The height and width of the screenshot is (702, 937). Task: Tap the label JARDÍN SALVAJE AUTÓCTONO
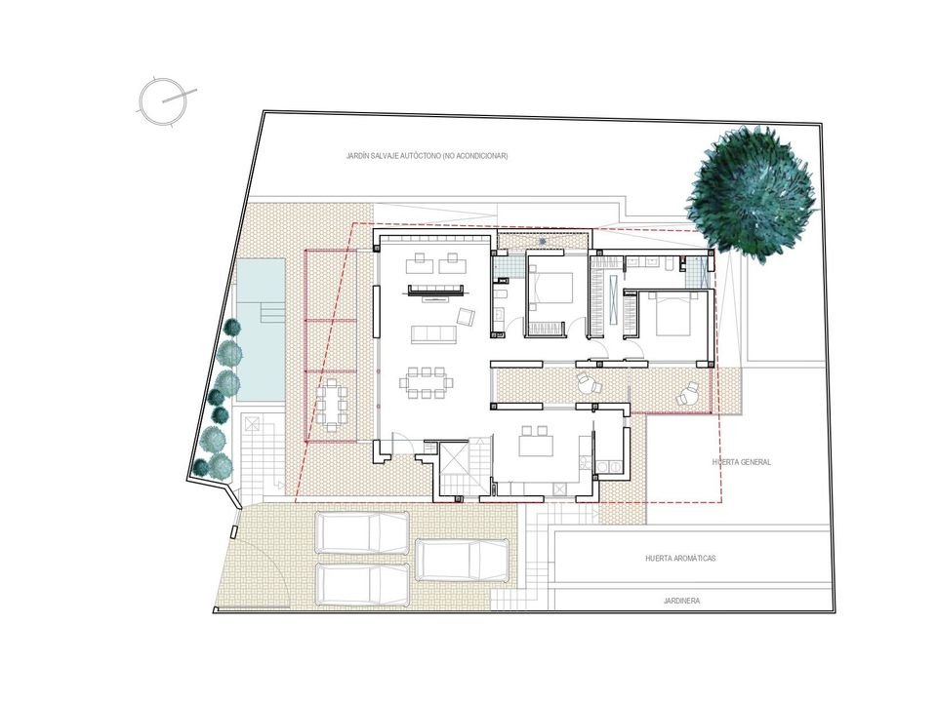point(393,156)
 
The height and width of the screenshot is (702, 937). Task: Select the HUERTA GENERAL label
point(742,462)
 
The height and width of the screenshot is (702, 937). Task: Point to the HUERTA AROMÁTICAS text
point(680,559)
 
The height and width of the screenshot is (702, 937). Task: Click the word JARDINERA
point(681,602)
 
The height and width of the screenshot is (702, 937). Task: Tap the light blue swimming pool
point(262,329)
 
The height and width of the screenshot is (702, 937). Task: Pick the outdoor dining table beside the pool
point(332,405)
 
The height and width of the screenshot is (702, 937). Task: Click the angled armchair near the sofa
point(466,316)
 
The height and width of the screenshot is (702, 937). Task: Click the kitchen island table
point(536,442)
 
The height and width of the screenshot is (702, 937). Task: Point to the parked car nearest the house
point(362,533)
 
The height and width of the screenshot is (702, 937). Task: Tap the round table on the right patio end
point(686,395)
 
